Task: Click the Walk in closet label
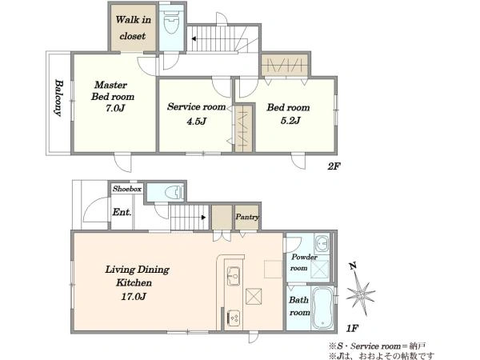tap(133, 28)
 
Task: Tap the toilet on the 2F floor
tap(171, 22)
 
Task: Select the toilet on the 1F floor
tap(174, 193)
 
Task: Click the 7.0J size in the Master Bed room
tap(115, 108)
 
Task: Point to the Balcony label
tap(58, 98)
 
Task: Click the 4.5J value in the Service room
tap(196, 122)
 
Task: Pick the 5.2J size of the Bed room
tap(290, 120)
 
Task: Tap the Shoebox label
tap(127, 189)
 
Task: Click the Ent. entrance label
tap(122, 212)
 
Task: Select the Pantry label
tap(247, 217)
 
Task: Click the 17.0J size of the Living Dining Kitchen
tap(134, 296)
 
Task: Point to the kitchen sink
tap(234, 276)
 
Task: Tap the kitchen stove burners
tap(234, 318)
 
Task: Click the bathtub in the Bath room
tap(322, 308)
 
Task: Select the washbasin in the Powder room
tap(322, 244)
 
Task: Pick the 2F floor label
tap(334, 166)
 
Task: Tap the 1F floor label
tap(352, 329)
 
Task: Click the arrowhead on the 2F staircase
tap(194, 39)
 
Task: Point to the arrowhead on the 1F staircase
tap(203, 218)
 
